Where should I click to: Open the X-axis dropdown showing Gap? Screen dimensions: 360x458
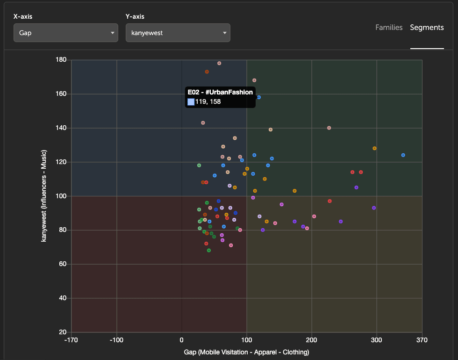pyautogui.click(x=65, y=33)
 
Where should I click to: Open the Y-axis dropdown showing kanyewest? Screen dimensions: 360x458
pyautogui.click(x=178, y=33)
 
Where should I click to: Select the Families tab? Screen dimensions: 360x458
pyautogui.click(x=389, y=28)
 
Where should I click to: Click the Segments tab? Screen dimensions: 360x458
pyautogui.click(x=427, y=28)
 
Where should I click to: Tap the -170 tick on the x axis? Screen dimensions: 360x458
pyautogui.click(x=71, y=340)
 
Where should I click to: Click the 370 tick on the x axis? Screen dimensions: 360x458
pyautogui.click(x=422, y=340)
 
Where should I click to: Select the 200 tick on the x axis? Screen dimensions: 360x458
pyautogui.click(x=312, y=340)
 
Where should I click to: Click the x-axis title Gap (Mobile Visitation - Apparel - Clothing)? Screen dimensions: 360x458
pyautogui.click(x=246, y=352)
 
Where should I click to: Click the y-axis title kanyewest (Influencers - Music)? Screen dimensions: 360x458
pyautogui.click(x=44, y=196)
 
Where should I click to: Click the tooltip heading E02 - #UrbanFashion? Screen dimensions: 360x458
pyautogui.click(x=220, y=93)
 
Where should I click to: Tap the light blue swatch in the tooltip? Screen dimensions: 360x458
pyautogui.click(x=191, y=101)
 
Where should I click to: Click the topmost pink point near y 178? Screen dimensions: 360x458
pyautogui.click(x=219, y=63)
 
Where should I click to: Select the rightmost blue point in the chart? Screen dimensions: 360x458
pyautogui.click(x=403, y=155)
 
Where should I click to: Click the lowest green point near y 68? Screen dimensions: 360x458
pyautogui.click(x=209, y=251)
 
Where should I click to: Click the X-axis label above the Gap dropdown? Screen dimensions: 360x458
pyautogui.click(x=23, y=16)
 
